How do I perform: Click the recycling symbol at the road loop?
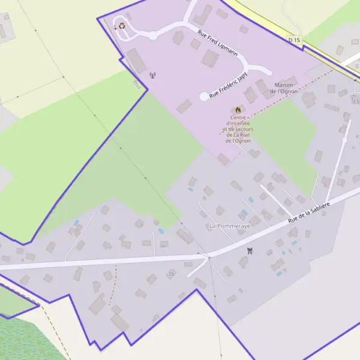coord(122,26)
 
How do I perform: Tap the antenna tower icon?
coord(152,76)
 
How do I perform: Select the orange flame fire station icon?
coord(238,109)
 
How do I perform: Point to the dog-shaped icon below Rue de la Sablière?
coord(250,250)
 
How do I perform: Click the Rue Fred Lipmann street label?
coord(217,43)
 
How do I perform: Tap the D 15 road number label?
coord(293,40)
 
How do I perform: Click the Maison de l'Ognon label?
coord(285,88)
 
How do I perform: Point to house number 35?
coord(171,274)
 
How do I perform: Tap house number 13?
coord(356,101)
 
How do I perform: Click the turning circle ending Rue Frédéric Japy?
coord(204,96)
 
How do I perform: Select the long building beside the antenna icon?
coord(136,61)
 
